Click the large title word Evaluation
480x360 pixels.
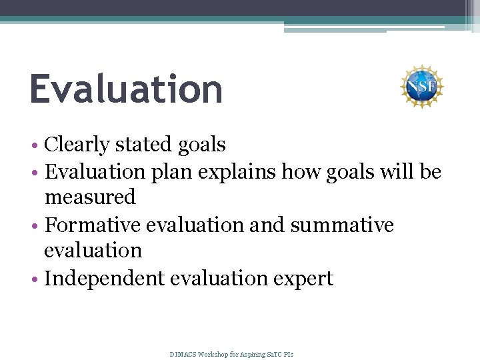[x=126, y=89]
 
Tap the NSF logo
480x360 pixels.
[x=421, y=87]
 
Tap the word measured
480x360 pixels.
[x=90, y=197]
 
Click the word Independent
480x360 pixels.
[x=104, y=278]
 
